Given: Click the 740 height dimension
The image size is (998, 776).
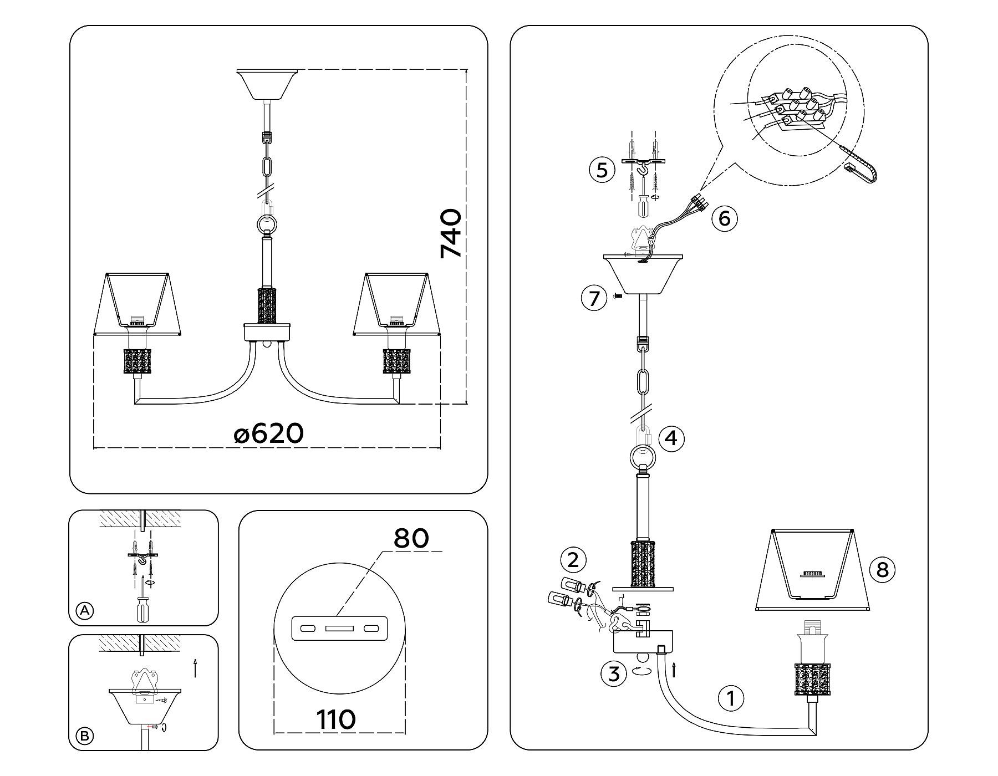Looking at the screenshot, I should (x=450, y=233).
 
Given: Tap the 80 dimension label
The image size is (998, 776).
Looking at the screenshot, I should (x=411, y=538).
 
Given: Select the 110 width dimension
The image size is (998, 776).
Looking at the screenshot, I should (x=336, y=719).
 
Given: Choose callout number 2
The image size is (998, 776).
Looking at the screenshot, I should (x=573, y=559).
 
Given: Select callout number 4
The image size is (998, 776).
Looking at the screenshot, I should (x=671, y=438).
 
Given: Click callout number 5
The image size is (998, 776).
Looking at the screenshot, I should (x=602, y=170).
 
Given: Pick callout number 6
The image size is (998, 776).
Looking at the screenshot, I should (x=724, y=218).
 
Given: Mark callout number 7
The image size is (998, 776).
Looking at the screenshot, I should (x=594, y=298).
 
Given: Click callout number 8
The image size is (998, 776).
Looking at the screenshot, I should (x=882, y=569).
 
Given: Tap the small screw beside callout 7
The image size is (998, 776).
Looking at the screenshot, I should (x=618, y=298).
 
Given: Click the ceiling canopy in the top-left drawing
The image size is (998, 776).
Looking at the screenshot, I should (x=267, y=84).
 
